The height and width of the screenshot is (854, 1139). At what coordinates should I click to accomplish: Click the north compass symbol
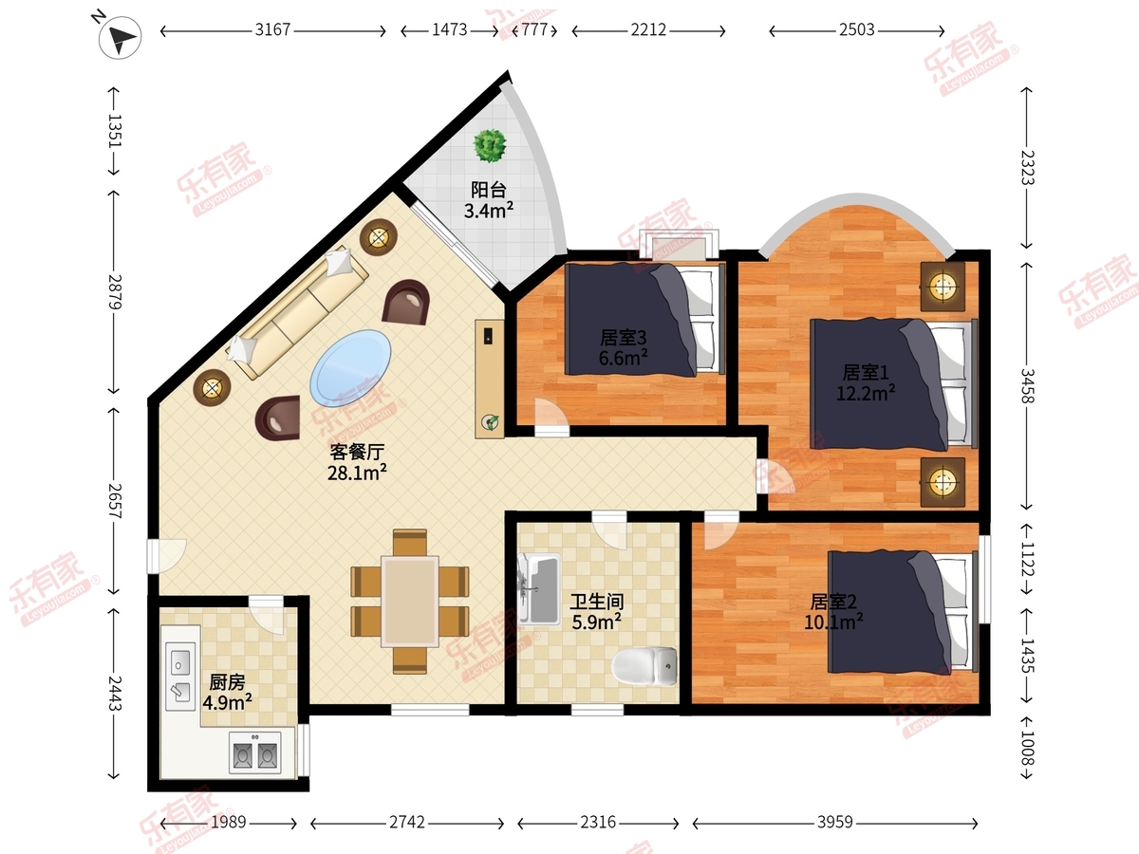click(x=121, y=37)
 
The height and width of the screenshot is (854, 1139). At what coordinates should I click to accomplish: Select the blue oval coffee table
click(x=350, y=367)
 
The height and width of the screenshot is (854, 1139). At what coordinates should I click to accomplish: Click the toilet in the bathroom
click(x=645, y=666)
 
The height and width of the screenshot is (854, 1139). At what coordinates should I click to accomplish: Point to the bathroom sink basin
click(x=539, y=588)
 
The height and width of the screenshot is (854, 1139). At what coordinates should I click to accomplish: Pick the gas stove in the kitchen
click(x=254, y=753)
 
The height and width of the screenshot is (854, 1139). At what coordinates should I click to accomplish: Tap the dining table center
click(x=409, y=602)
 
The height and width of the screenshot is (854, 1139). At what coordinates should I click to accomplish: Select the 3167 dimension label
click(x=272, y=29)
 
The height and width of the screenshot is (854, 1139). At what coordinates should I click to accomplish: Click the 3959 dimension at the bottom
click(x=835, y=822)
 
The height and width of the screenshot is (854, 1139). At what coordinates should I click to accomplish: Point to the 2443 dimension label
click(x=115, y=694)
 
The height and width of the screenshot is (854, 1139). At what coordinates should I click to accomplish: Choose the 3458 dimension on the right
click(x=1027, y=386)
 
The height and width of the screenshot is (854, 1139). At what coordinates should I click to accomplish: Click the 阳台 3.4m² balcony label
click(x=488, y=200)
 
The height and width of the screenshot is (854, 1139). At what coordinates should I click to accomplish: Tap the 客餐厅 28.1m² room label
click(x=357, y=462)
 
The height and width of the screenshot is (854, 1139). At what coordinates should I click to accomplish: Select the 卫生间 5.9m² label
click(x=597, y=611)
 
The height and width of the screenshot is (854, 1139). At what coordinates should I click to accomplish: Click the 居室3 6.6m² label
click(x=624, y=347)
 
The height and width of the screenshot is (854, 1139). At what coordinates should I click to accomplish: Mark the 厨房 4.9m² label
click(x=227, y=693)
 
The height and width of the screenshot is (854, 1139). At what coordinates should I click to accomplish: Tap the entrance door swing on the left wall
click(x=166, y=556)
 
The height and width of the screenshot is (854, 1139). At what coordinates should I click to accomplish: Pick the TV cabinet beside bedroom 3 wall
click(x=490, y=379)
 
